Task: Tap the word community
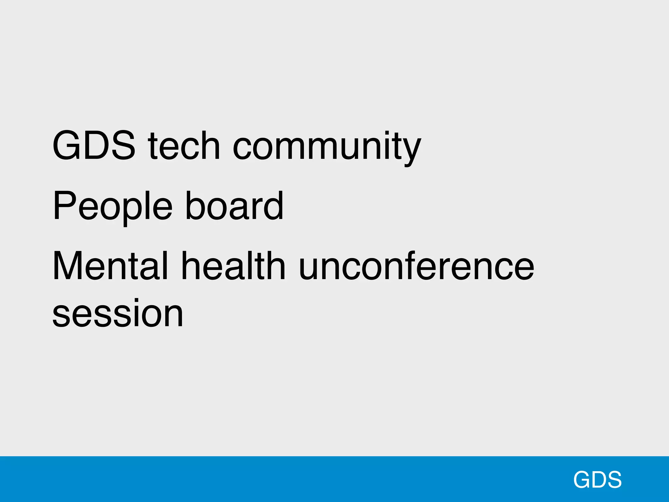coord(327,147)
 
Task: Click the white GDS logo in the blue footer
coord(597,480)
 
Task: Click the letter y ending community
coord(411,150)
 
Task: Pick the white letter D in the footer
coord(597,480)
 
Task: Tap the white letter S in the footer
coord(614,480)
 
